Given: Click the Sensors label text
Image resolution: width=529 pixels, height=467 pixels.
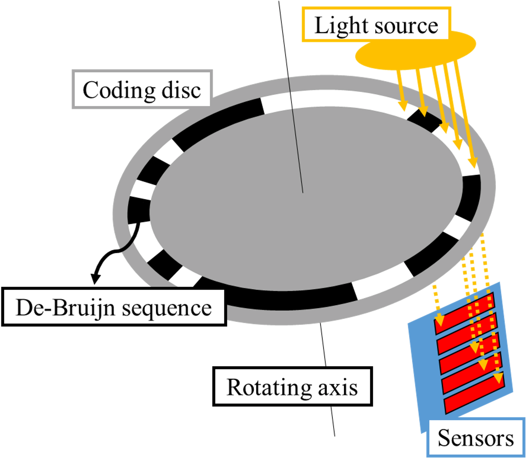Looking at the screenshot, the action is point(476,439).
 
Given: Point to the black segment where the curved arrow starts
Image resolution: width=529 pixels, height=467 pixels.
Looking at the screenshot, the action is point(139,210).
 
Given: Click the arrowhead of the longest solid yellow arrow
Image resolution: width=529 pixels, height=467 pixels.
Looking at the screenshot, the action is point(473,162).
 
